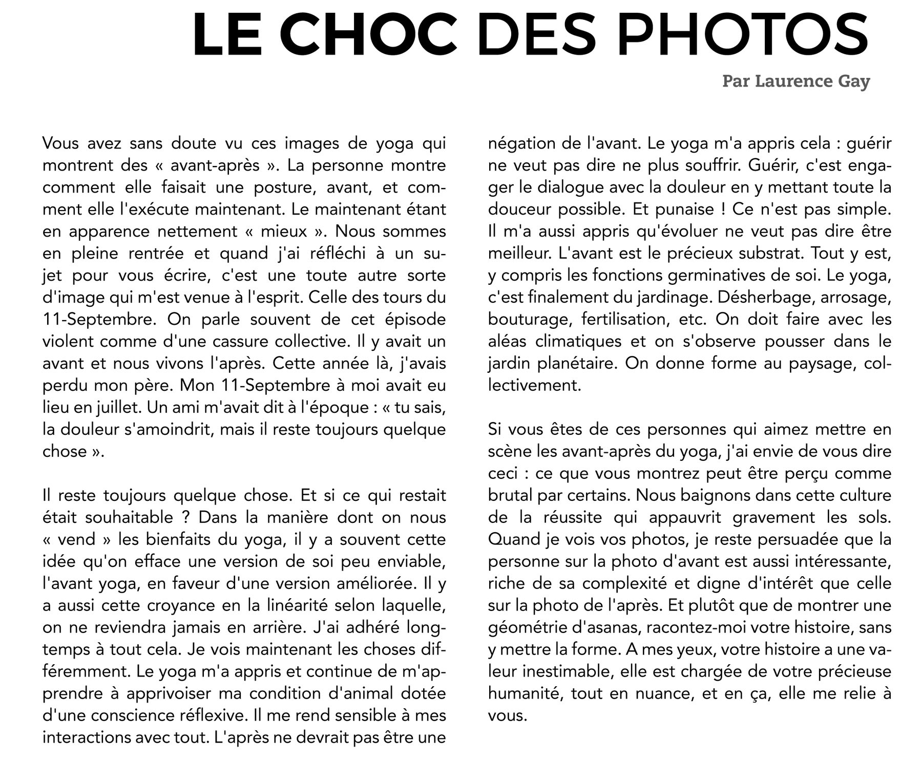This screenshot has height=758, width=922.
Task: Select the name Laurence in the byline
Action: point(787,81)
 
